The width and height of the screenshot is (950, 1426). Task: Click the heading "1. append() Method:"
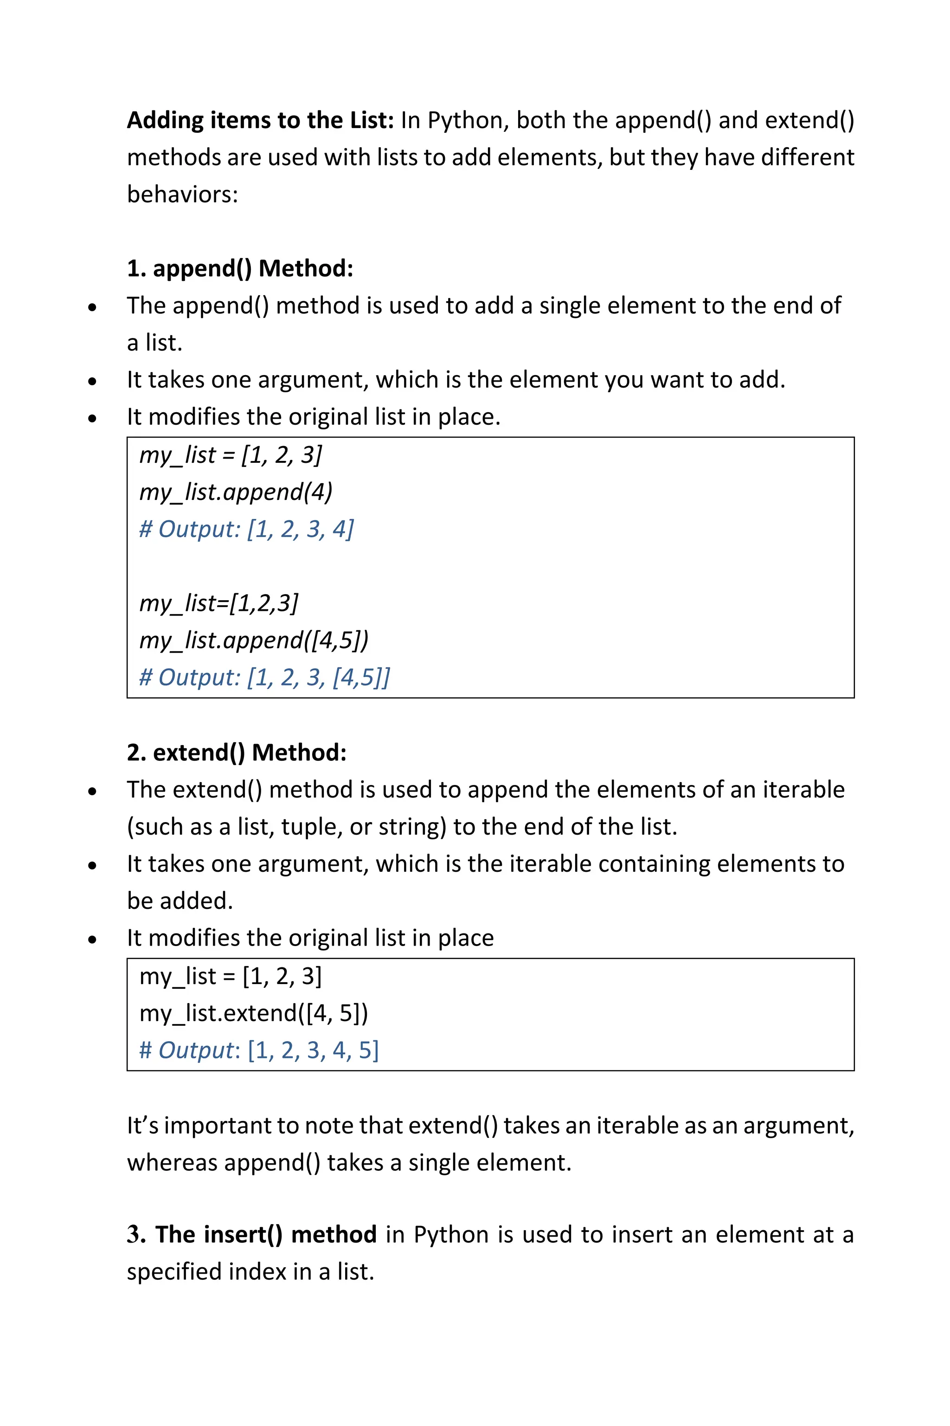point(239,268)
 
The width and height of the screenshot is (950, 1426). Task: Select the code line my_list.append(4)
point(236,491)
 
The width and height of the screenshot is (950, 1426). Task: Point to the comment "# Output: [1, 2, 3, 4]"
point(246,529)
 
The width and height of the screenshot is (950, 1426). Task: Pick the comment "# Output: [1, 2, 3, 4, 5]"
point(259,1050)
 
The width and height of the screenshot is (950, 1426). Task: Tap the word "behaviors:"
point(182,194)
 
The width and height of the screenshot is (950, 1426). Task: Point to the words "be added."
point(180,901)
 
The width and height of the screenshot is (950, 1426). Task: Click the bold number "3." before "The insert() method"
point(136,1235)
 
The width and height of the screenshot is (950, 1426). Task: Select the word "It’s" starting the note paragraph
point(142,1125)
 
